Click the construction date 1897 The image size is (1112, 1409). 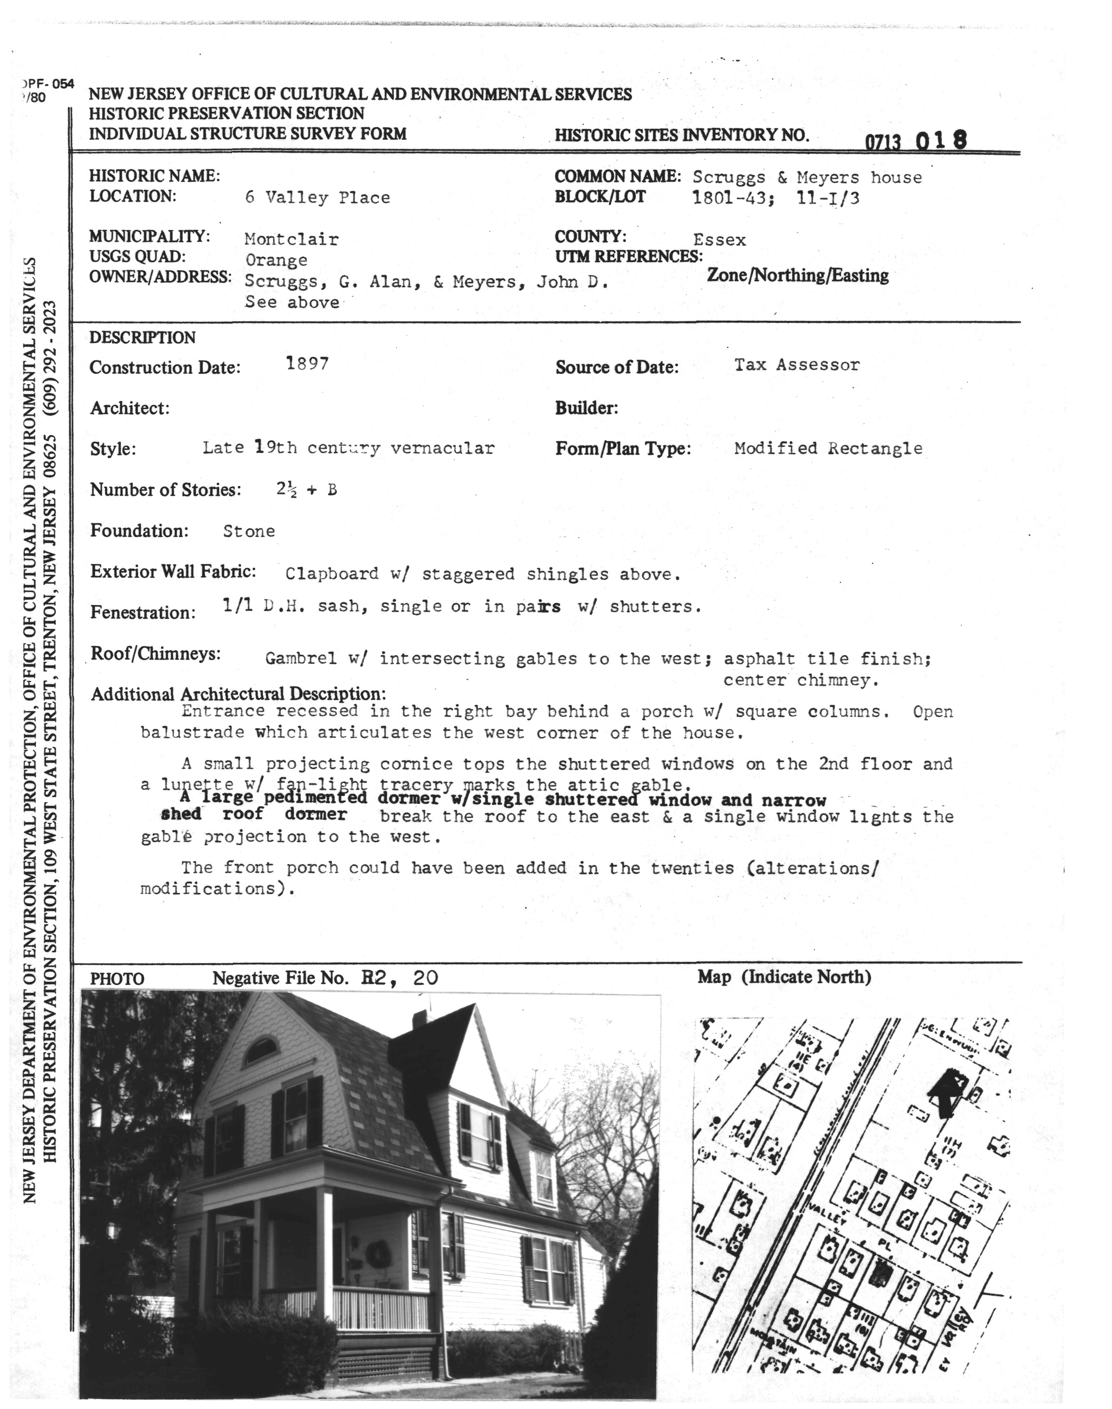click(307, 363)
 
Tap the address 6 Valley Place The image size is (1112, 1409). click(318, 198)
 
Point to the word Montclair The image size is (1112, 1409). click(292, 239)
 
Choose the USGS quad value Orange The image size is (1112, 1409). click(276, 260)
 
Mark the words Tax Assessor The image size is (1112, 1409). click(797, 365)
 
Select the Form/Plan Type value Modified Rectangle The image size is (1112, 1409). click(828, 448)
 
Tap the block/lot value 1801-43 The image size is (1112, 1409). click(732, 198)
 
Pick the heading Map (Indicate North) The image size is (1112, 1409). click(784, 977)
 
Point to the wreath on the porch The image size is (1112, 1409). click(376, 1252)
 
